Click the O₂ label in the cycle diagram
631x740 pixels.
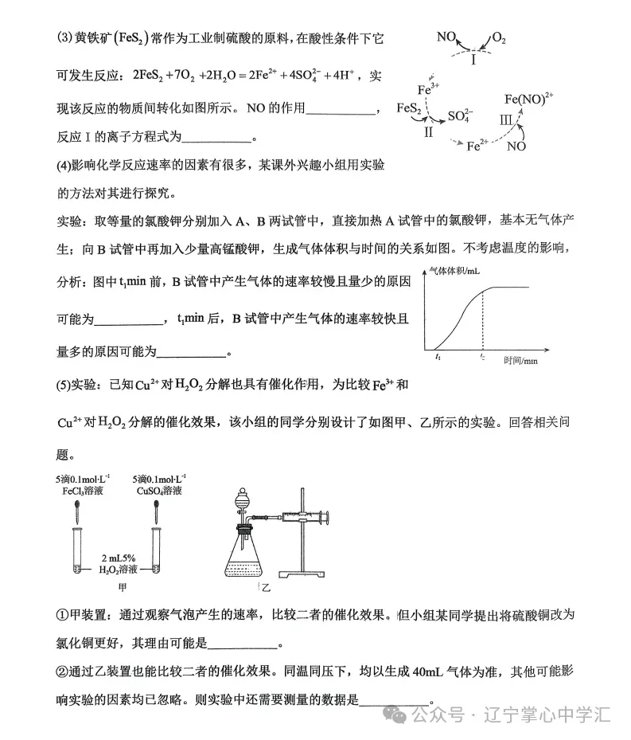pos(499,38)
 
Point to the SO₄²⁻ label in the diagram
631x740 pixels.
pos(460,116)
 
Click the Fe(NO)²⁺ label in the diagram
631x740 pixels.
pos(529,100)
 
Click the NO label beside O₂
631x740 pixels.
pos(446,37)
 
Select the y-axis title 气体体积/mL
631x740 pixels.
pos(455,272)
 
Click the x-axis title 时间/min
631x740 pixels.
pos(520,360)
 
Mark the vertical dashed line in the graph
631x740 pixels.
pos(482,319)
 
